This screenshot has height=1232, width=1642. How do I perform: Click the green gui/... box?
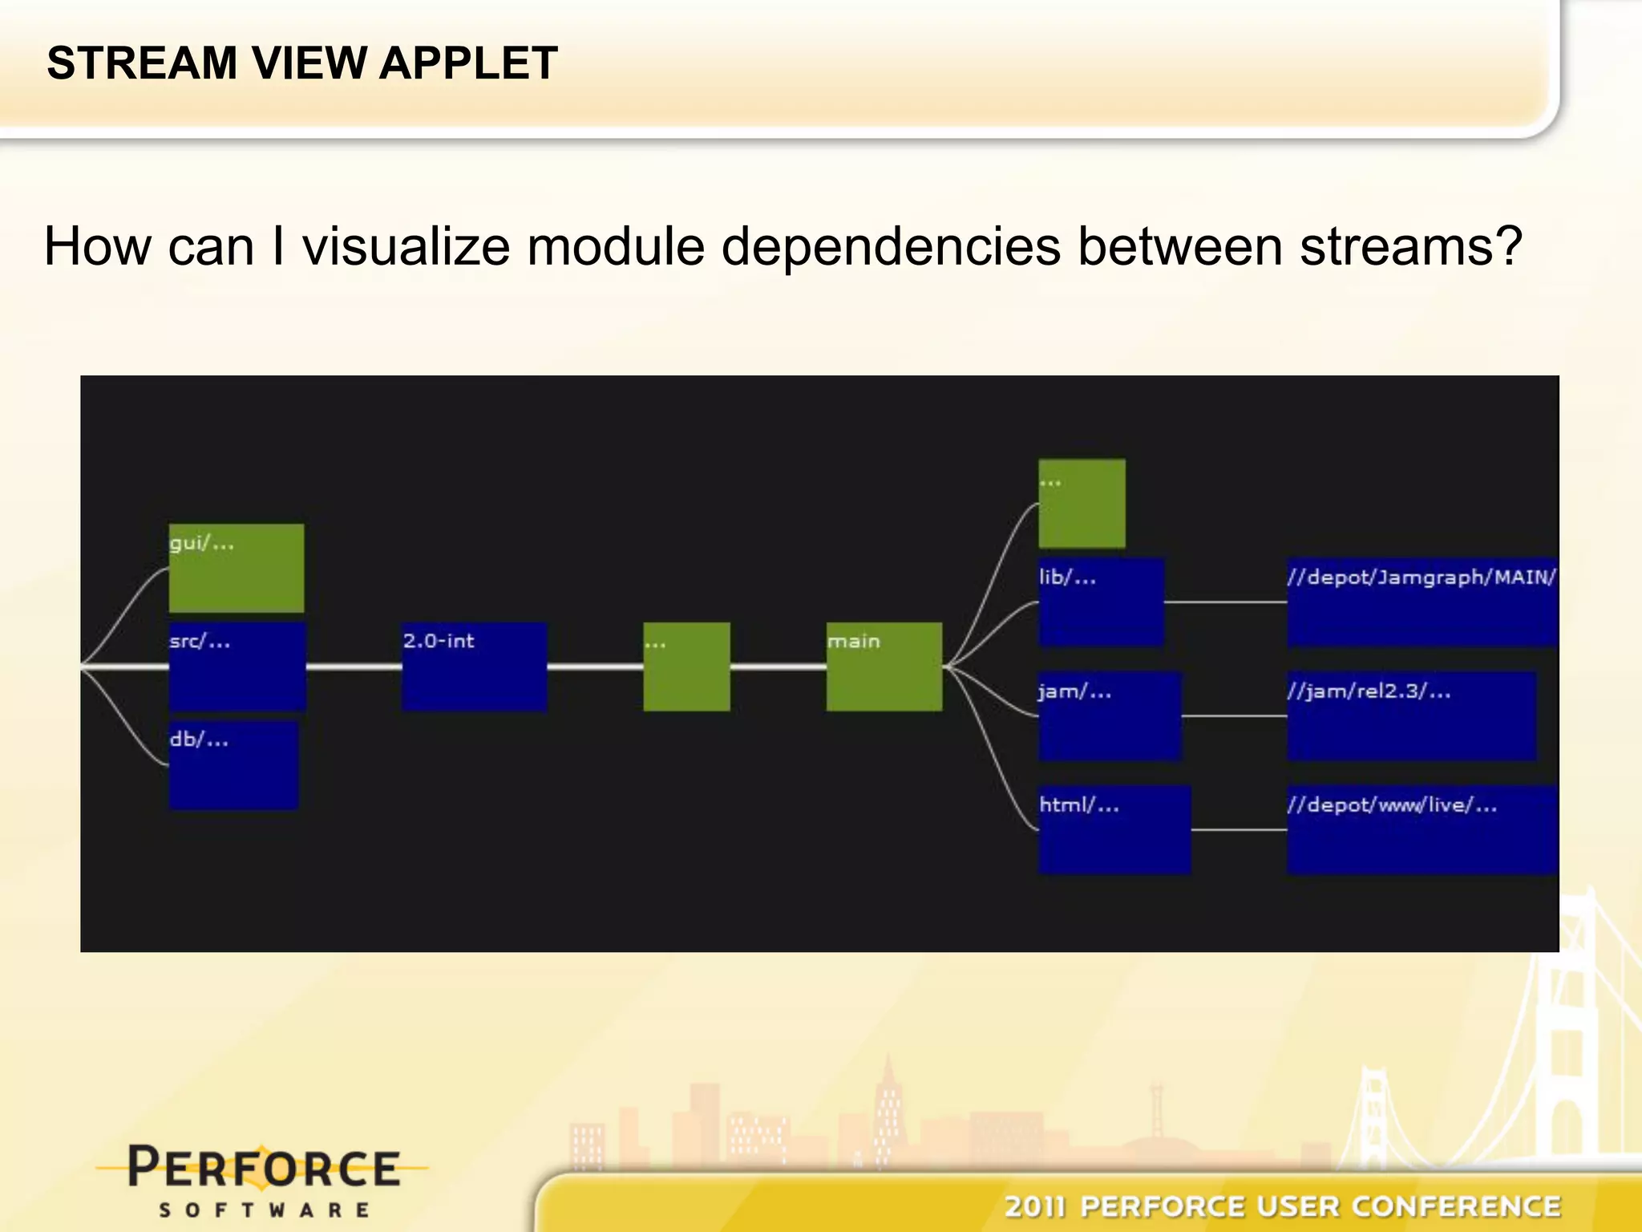click(236, 568)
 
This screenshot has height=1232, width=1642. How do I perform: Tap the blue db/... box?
click(233, 765)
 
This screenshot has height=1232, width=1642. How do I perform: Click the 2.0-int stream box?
click(474, 667)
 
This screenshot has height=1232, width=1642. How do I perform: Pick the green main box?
click(884, 667)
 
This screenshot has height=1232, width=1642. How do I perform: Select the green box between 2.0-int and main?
click(686, 667)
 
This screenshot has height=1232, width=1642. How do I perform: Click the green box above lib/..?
click(1082, 504)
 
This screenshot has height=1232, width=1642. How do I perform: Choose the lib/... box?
click(1100, 602)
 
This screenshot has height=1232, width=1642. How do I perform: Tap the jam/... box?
click(1109, 716)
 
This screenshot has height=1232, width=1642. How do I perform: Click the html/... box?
click(1114, 829)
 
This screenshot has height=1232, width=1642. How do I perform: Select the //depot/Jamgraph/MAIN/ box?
click(1422, 602)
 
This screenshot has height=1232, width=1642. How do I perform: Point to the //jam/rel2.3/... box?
click(1411, 716)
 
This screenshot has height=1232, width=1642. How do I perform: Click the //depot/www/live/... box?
click(1422, 829)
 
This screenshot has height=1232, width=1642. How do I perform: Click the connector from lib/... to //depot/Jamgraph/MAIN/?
click(1225, 602)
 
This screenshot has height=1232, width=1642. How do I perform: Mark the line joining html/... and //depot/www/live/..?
click(1239, 830)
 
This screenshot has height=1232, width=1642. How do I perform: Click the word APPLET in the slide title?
click(467, 63)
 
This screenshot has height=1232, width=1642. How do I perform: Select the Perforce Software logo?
click(263, 1179)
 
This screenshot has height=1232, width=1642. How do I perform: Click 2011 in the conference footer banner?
click(1034, 1206)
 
